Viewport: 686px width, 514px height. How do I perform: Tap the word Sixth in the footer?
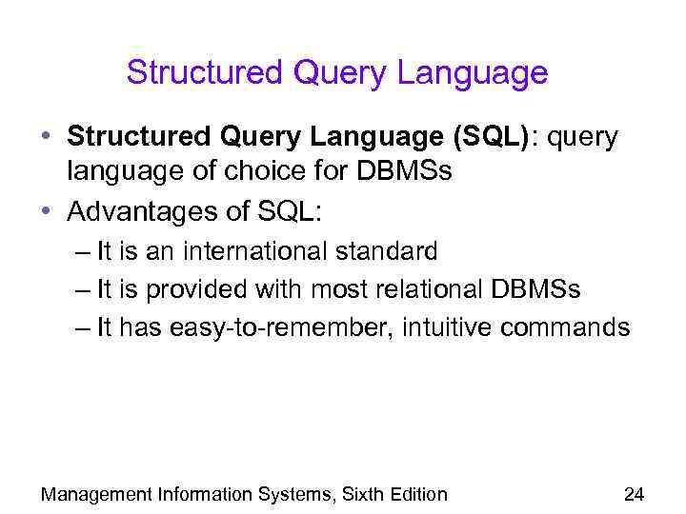coord(358,494)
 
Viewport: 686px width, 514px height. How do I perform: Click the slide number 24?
coord(633,494)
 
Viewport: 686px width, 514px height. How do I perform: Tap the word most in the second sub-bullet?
coord(328,290)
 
